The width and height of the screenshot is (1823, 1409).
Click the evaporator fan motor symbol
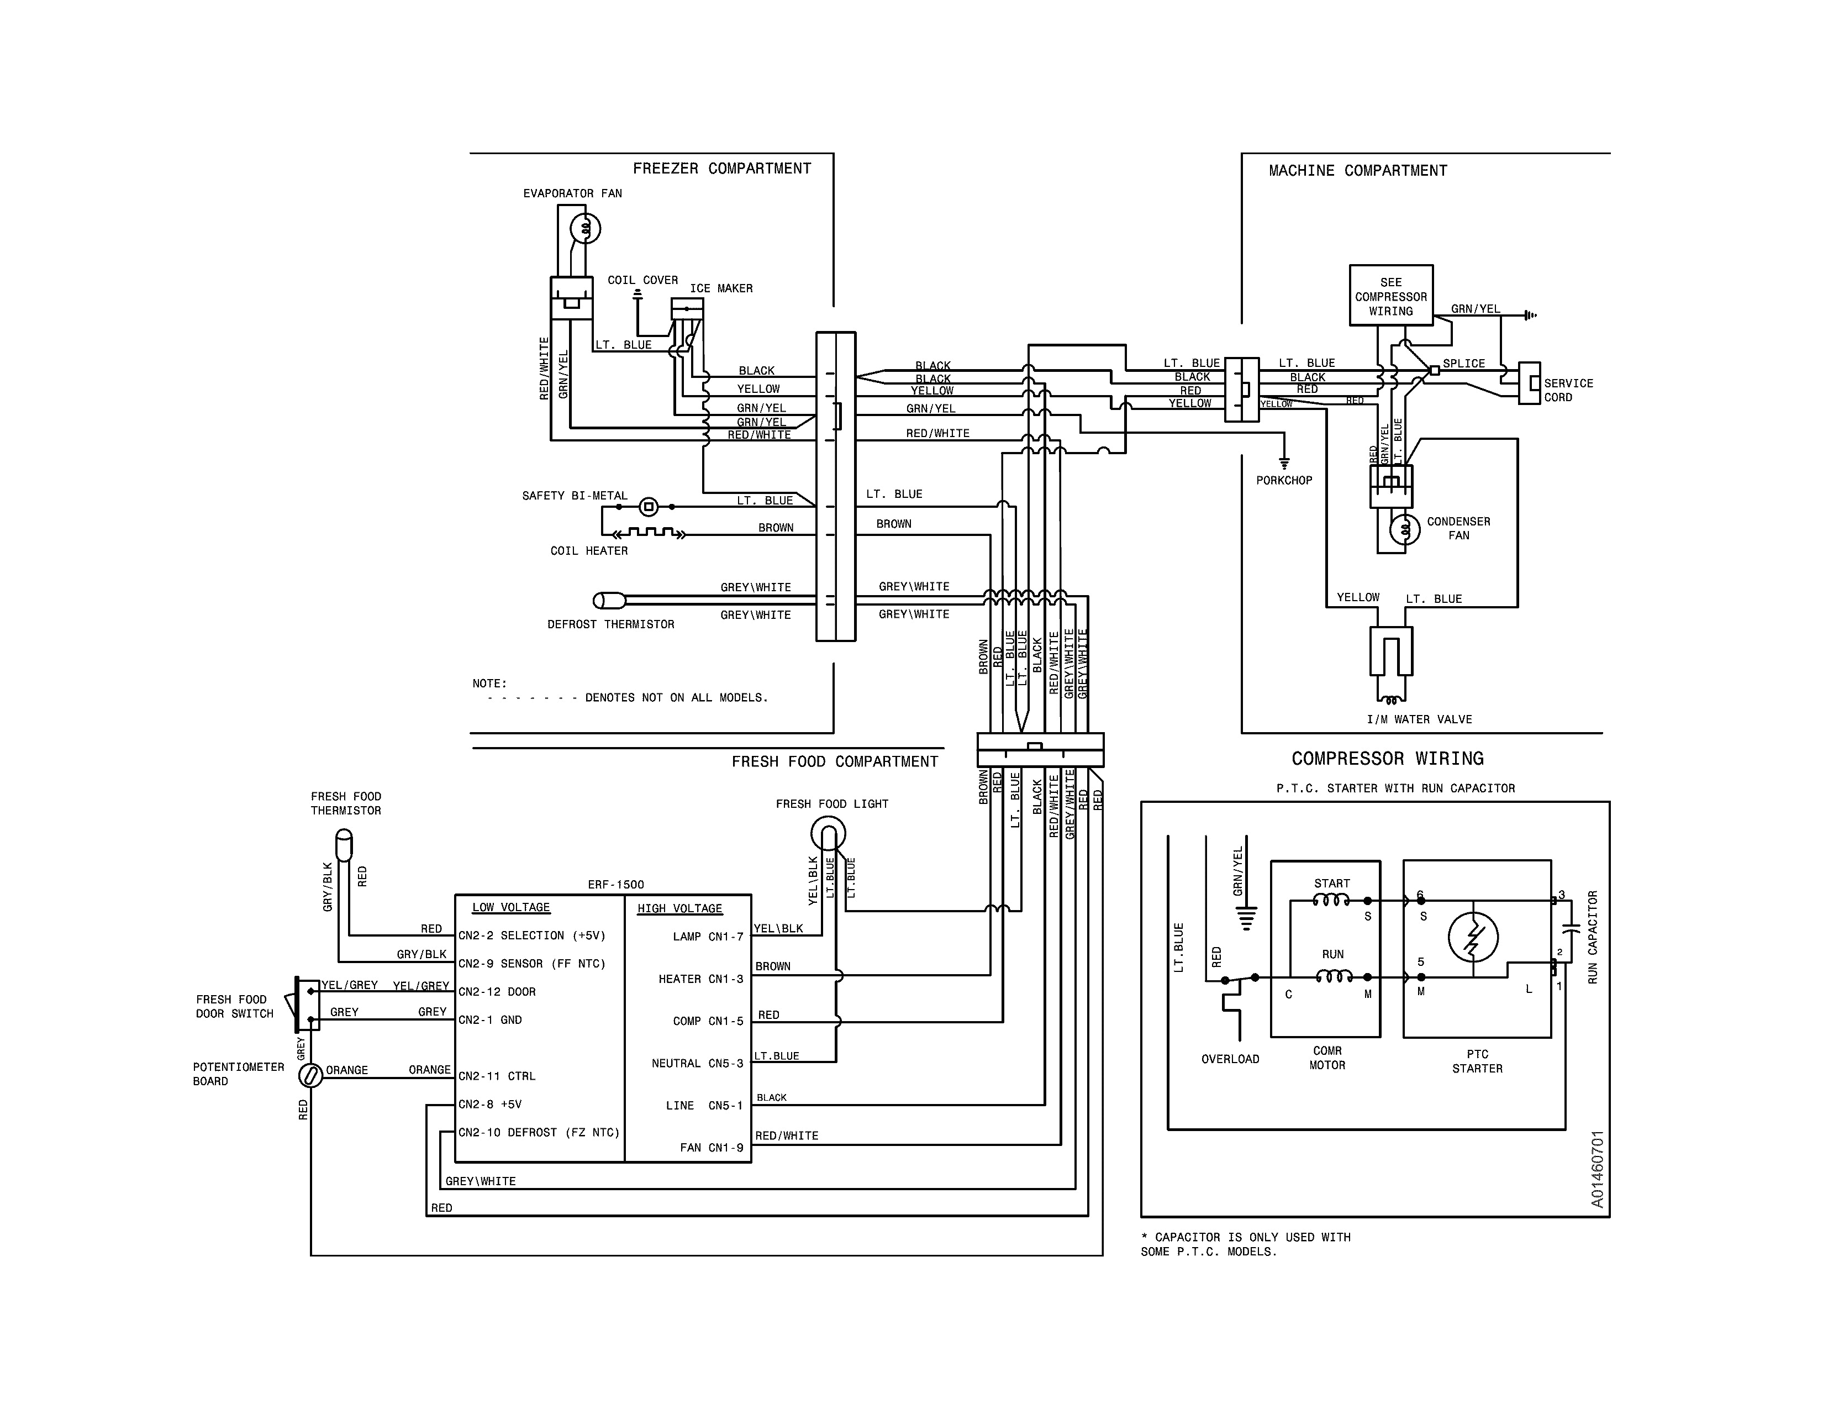(x=585, y=228)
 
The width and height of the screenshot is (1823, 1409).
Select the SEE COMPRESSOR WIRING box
(x=1390, y=296)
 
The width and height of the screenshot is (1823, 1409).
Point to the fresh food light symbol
(x=828, y=833)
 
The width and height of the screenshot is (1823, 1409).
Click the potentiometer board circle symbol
(x=310, y=1076)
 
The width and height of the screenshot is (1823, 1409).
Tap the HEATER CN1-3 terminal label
(x=700, y=979)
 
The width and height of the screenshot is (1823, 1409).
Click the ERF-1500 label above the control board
(x=615, y=885)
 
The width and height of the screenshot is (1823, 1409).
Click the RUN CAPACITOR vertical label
(x=1592, y=937)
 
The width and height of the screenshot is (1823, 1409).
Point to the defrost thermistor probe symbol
(x=609, y=600)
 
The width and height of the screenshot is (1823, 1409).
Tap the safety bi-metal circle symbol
(x=649, y=507)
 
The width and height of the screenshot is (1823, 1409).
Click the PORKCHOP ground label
(x=1284, y=481)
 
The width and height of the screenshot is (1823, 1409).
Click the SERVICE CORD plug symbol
(x=1529, y=383)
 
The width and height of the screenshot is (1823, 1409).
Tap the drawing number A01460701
(x=1597, y=1169)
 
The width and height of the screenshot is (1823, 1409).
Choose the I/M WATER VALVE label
(x=1419, y=719)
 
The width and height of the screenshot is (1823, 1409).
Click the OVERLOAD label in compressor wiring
(x=1230, y=1059)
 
